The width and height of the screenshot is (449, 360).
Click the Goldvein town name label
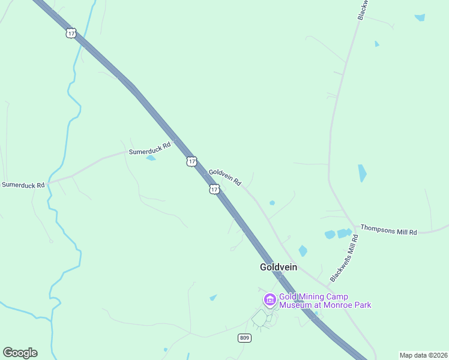278,267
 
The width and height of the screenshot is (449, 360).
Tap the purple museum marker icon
270,299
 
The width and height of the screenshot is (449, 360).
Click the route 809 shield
244,338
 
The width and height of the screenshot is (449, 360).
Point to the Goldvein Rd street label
225,177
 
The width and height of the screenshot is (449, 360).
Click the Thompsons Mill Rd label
388,229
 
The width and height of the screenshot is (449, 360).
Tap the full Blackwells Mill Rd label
344,259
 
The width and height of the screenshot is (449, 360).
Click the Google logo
20,353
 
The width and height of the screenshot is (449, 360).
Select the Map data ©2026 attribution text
423,355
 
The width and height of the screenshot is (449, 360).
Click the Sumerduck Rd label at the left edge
23,185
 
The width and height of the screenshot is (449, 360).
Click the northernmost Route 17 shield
71,34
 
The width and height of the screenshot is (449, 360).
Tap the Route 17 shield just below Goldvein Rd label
214,189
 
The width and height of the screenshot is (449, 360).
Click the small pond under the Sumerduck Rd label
151,158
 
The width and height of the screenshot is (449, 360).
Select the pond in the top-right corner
420,17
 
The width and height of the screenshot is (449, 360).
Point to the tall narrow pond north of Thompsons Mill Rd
362,173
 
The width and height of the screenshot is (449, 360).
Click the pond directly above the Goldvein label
303,251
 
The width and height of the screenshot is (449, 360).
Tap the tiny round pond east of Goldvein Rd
272,203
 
